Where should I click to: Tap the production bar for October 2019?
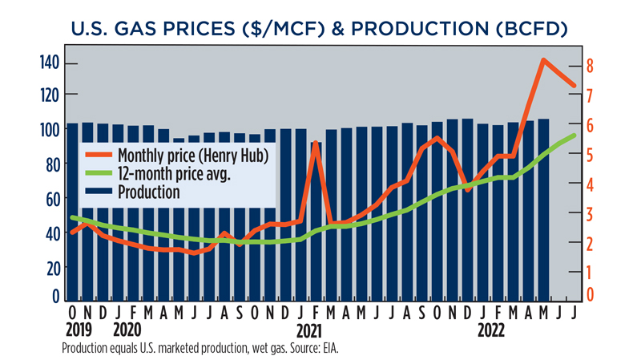73,212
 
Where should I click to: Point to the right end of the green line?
574,136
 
